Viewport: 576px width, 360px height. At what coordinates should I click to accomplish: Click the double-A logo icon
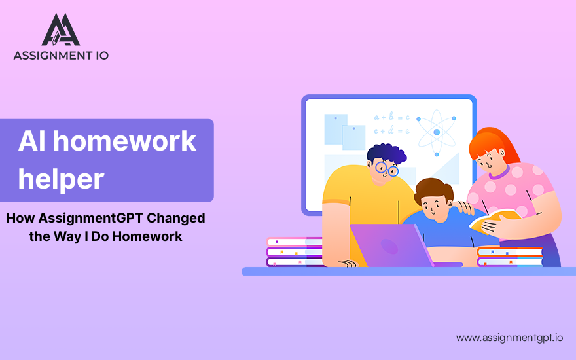61,29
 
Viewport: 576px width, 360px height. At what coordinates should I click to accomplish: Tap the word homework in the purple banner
124,141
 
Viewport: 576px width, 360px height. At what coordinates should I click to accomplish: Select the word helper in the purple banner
61,179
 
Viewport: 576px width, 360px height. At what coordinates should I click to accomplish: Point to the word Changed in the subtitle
176,218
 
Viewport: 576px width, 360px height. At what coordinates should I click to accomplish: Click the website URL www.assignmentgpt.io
509,338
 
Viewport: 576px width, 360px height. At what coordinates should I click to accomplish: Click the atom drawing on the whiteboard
437,132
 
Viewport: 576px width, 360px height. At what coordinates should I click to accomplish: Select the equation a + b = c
392,117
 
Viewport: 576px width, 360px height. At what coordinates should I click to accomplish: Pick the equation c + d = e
392,130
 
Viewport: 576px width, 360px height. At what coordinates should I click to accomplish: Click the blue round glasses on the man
386,169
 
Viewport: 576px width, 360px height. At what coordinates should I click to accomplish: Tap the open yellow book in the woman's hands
495,221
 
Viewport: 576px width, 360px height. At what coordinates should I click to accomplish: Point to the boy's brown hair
433,190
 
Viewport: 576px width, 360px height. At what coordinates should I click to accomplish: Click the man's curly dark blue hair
386,154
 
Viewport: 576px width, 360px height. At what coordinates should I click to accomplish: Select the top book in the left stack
295,242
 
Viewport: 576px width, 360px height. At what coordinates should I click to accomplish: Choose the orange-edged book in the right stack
510,251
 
